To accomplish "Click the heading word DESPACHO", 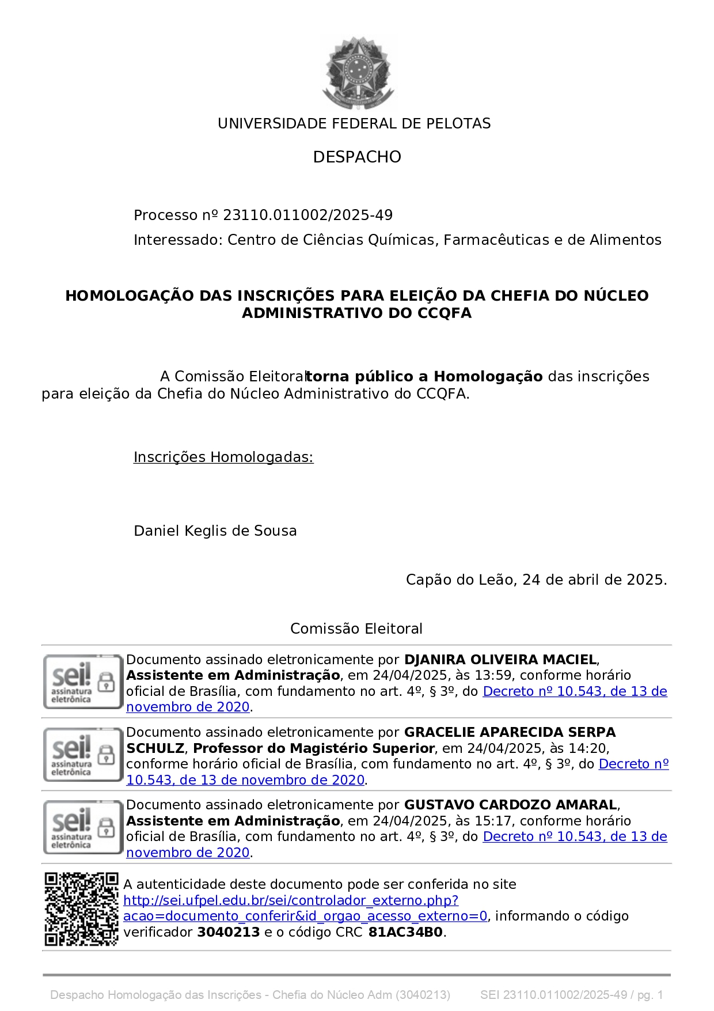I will point(357,157).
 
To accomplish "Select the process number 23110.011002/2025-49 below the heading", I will point(307,215).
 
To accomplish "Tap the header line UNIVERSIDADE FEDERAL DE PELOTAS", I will point(354,124).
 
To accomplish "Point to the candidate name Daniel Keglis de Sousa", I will point(215,531).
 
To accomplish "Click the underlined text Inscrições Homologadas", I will point(223,457).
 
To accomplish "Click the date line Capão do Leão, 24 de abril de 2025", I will point(536,580).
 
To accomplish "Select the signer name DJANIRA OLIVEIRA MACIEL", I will point(500,660).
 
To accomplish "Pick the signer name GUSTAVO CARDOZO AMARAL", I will point(511,805).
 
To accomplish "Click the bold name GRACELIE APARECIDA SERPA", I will point(510,733).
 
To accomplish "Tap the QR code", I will point(81,909).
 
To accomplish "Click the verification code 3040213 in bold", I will point(229,933).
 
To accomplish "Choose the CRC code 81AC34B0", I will point(405,933).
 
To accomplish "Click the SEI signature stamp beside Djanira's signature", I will point(83,682).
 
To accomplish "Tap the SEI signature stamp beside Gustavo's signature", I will point(83,827).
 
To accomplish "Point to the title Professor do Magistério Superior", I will point(314,748).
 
